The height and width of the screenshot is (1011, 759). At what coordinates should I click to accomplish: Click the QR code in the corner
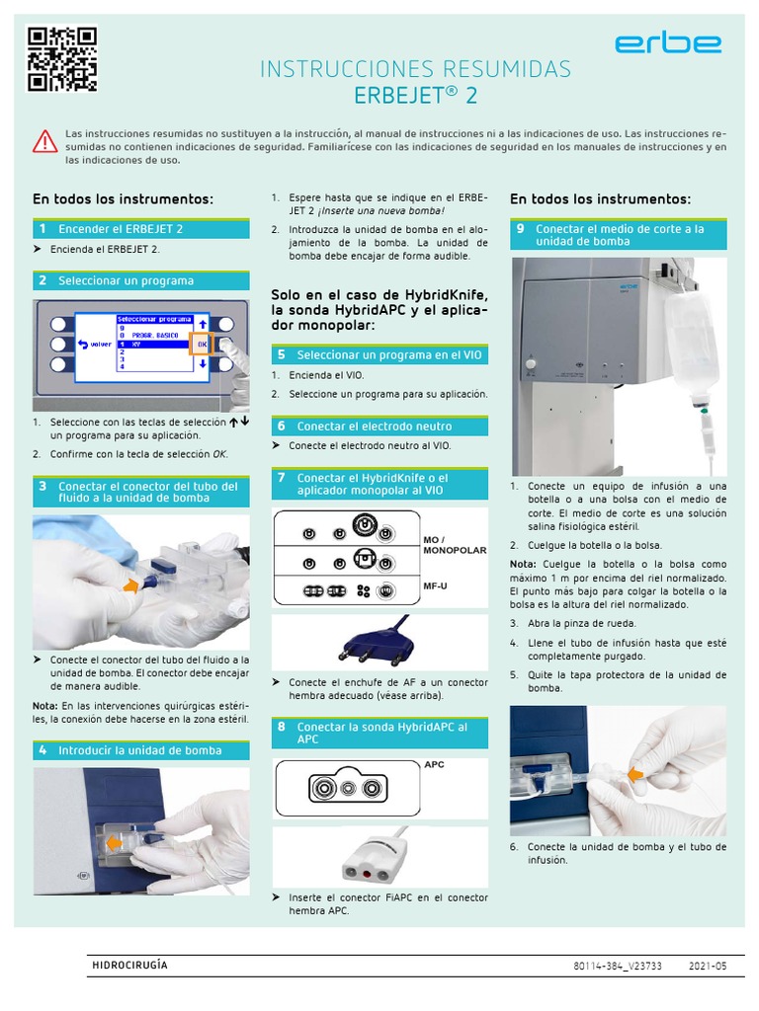(61, 57)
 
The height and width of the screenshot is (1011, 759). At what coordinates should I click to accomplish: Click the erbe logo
(667, 44)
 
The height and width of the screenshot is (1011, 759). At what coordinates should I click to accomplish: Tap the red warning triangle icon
(45, 141)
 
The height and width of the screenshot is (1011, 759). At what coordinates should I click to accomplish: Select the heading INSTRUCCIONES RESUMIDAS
(414, 69)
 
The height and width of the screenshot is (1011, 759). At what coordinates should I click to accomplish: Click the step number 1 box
(42, 229)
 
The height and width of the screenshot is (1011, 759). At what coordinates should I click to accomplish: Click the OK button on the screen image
(202, 345)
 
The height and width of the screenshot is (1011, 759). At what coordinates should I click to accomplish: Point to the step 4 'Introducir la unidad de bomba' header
(140, 750)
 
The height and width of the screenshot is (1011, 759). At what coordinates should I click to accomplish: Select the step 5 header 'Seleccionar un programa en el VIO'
(379, 354)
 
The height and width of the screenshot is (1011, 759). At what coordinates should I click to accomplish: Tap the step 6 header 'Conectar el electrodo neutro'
(379, 427)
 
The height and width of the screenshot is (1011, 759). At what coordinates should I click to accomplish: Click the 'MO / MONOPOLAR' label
(454, 545)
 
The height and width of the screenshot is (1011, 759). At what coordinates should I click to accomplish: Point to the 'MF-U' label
(436, 585)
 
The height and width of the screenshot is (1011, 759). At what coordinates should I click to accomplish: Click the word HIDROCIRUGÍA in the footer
(129, 965)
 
